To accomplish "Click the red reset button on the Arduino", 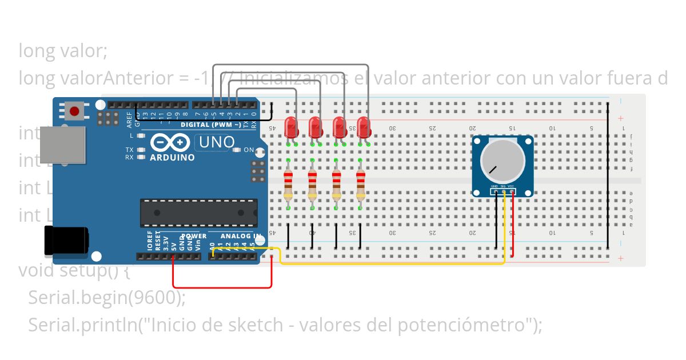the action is coord(74,110).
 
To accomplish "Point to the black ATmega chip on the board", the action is coord(198,213).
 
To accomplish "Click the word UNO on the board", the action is coord(214,142).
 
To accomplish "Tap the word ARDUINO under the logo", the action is coord(172,157).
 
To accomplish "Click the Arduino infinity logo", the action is coord(170,142).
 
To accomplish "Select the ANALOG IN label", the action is coord(241,235).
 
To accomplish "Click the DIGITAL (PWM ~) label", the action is coord(210,125).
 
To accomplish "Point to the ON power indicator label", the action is coord(249,150).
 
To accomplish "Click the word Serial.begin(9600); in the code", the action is coord(107,297).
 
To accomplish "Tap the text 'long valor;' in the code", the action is coord(63,51).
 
